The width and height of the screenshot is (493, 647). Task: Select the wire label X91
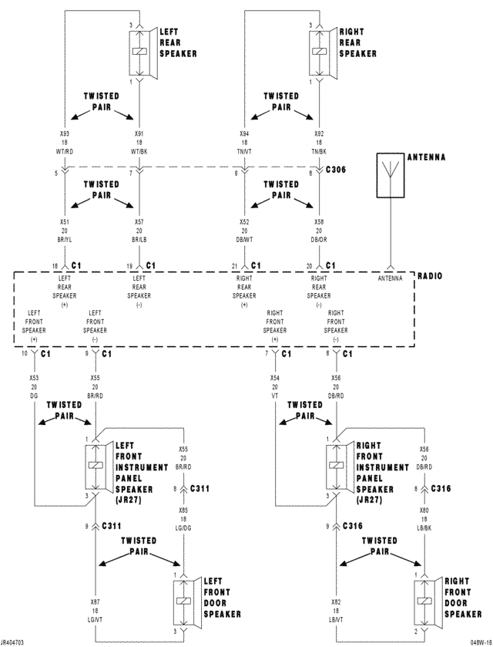click(139, 133)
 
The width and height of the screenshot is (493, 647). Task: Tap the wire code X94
click(244, 133)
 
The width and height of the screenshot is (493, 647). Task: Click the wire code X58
click(319, 222)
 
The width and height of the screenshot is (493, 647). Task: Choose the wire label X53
click(34, 379)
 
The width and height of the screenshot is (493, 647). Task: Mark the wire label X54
click(274, 379)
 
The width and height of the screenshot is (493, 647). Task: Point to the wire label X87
click(95, 601)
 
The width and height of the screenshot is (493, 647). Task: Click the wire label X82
click(336, 601)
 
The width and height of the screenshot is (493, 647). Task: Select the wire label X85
click(183, 510)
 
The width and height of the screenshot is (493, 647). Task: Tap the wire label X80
click(424, 510)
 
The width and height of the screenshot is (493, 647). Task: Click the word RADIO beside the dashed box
click(429, 275)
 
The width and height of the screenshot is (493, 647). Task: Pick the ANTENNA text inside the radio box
click(390, 279)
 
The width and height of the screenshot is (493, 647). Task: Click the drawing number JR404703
click(13, 642)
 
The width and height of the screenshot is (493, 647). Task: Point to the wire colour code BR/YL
click(64, 241)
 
